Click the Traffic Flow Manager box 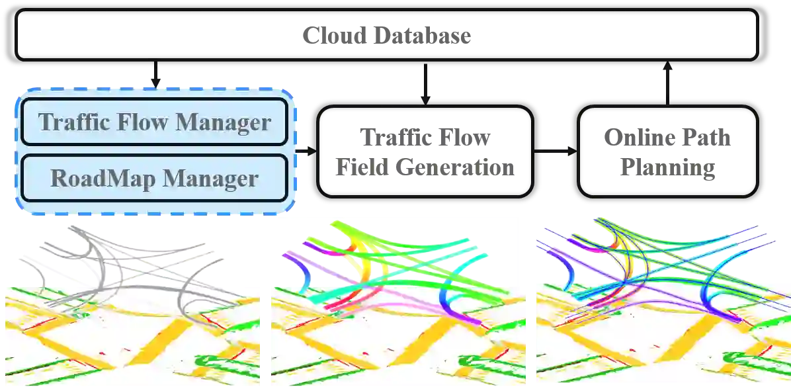[155, 122]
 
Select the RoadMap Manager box [155, 178]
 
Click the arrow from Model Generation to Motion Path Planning [556, 151]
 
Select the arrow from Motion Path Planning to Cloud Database [667, 84]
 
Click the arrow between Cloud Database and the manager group [156, 77]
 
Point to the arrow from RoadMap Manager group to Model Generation [308, 151]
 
